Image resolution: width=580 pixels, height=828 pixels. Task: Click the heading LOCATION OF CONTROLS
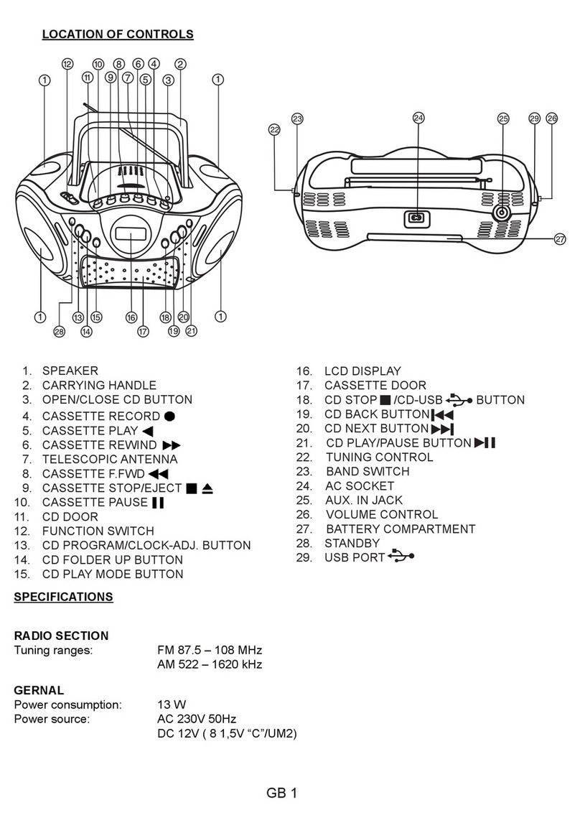118,34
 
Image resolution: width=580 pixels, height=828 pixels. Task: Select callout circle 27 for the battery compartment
560,241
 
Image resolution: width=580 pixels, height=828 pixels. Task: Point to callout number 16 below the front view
131,317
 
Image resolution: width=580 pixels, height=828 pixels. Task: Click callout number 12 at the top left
67,64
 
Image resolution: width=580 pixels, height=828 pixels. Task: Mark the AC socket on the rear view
415,218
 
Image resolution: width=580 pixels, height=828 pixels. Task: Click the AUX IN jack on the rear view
502,213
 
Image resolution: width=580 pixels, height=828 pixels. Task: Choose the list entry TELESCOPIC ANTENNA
109,459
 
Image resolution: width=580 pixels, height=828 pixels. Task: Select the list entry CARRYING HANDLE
98,386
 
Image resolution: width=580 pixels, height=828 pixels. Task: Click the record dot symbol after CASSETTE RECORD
169,416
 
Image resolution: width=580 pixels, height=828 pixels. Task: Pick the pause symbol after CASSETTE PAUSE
159,502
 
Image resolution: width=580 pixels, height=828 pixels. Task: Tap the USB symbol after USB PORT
401,557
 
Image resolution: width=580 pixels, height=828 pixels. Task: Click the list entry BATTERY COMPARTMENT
400,529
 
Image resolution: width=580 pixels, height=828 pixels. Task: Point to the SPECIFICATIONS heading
63,597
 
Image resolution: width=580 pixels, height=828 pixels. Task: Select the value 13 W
171,704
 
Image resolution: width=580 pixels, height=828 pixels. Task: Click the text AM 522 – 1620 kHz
209,664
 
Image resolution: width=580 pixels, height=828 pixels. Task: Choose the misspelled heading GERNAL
39,690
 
